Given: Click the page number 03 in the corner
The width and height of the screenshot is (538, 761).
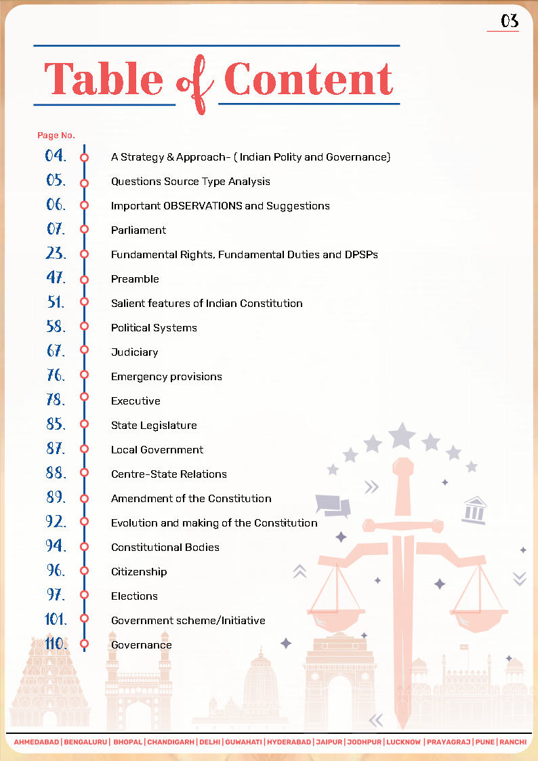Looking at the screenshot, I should pos(510,21).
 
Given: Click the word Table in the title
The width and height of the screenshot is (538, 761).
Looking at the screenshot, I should pos(103,79).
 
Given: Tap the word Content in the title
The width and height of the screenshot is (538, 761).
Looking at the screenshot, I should pos(308,79).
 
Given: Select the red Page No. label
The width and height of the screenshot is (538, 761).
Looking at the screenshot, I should pos(56,136).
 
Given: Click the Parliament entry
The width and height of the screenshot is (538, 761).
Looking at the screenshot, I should pos(138,230).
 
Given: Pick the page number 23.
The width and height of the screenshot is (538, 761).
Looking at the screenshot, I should pos(56,253).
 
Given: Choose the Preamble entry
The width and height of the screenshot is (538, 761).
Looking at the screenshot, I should pos(135,279).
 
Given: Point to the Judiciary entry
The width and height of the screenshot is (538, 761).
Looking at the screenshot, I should pos(134,352).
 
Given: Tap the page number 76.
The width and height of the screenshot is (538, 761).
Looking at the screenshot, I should pos(56,375).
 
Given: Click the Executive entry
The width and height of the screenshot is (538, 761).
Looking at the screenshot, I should pos(136,401).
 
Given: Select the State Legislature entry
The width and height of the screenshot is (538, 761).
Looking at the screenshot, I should pos(154,426).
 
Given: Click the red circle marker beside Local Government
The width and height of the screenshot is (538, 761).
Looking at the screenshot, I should pos(85,449).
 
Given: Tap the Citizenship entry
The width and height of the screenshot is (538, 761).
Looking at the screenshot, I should pos(139,572).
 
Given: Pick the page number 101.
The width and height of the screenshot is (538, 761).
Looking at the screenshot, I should pos(56,619).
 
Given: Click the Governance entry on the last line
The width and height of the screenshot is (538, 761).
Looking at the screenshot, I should pos(141,645).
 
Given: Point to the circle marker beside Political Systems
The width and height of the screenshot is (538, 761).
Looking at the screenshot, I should pos(85,327).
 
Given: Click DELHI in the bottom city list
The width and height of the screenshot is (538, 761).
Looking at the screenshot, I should pos(209,742).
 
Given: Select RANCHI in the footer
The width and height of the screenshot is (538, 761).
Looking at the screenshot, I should pos(513,742).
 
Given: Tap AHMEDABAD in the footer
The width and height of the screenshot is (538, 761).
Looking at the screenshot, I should pos(37,742).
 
